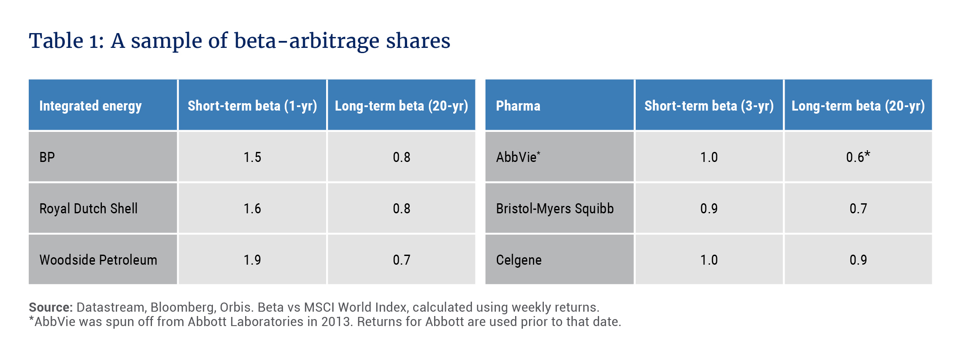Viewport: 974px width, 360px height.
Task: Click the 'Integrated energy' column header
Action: coord(91,106)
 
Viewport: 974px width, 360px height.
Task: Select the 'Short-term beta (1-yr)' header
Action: coord(253,106)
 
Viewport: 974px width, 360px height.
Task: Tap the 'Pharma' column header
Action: coord(518,106)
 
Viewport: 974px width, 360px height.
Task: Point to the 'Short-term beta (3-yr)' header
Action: coord(709,106)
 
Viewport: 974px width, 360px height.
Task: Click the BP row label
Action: coord(47,157)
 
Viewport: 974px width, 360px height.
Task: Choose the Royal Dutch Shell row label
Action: coord(88,209)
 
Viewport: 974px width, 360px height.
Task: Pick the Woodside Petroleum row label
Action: coord(98,260)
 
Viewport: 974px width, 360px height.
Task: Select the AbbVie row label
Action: coord(518,157)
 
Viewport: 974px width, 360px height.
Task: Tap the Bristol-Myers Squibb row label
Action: coord(555,209)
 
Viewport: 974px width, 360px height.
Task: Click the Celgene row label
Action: coord(519,260)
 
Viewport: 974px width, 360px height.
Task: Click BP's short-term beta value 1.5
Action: coord(253,157)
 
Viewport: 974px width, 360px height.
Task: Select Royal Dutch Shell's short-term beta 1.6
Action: coord(253,209)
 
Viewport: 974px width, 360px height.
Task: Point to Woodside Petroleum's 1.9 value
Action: coord(253,260)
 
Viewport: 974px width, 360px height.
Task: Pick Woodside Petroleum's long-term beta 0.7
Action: coord(401,260)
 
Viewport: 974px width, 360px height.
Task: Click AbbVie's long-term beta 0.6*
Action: coord(858,156)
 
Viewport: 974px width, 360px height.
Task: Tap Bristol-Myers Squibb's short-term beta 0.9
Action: coord(709,209)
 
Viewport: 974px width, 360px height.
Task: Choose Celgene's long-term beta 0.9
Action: coord(858,260)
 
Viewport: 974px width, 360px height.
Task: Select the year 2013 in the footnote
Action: coord(336,322)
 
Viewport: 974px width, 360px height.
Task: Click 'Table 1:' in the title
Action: coord(67,41)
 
